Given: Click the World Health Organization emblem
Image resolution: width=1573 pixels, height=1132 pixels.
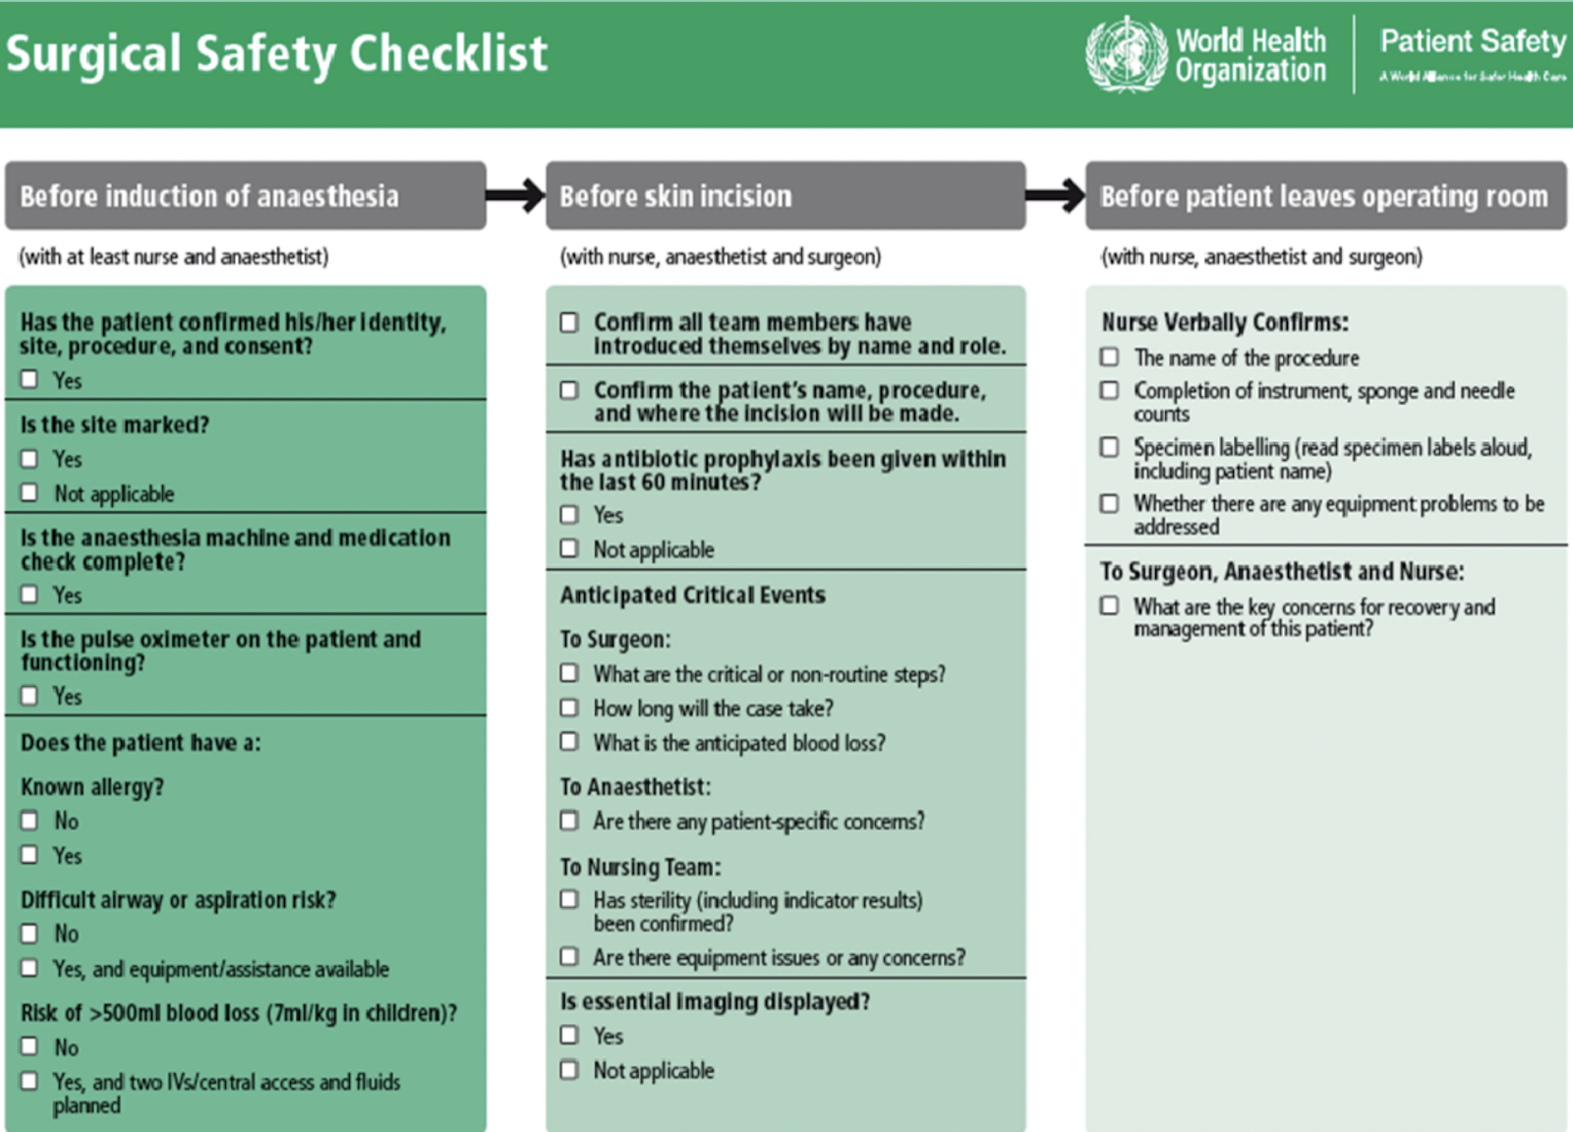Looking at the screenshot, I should [1126, 54].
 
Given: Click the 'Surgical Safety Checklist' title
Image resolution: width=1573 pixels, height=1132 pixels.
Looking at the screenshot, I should [276, 54].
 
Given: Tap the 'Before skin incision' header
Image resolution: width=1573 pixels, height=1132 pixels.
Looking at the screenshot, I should [675, 197].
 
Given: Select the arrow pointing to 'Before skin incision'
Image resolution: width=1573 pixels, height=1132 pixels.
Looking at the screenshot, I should [516, 196].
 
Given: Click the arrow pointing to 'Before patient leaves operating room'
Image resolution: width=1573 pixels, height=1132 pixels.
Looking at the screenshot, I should [1056, 196].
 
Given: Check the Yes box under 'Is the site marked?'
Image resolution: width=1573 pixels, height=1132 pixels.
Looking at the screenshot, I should [30, 459].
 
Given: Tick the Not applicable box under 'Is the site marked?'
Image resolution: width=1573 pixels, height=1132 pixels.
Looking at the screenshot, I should [30, 492].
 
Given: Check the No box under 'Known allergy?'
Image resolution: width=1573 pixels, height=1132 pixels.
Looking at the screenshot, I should [30, 821].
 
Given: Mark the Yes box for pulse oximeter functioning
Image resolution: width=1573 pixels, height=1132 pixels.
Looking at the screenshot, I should [30, 696].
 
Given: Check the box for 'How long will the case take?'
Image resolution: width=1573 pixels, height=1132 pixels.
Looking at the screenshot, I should [569, 707].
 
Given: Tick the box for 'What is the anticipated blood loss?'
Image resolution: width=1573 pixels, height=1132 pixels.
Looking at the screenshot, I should [569, 742].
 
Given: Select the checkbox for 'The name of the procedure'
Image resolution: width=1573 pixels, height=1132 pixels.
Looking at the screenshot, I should [1110, 357].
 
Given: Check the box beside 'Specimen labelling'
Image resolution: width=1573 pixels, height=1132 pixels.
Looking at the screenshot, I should [1110, 447].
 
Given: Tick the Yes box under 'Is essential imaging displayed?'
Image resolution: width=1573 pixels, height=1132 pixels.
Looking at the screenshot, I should [569, 1035].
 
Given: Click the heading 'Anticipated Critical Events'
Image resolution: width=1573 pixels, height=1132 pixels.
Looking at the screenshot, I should [692, 595].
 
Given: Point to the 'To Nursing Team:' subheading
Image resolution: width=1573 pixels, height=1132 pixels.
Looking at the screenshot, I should [640, 867].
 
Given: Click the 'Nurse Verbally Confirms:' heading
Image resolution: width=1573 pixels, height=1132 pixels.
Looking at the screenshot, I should [1224, 322].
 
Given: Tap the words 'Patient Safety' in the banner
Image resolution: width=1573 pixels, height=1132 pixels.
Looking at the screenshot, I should [1472, 41].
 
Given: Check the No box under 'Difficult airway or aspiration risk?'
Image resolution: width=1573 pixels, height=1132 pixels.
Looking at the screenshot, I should [30, 934].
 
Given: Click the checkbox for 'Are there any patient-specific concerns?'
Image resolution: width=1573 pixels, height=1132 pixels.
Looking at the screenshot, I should [569, 821].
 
